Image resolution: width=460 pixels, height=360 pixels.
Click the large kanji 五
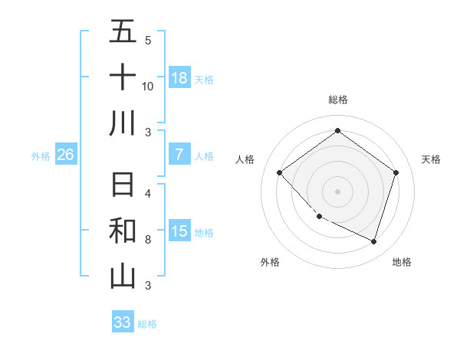point(123,32)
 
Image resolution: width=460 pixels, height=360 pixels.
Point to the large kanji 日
point(123,186)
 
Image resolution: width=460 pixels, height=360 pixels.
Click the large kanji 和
point(123,231)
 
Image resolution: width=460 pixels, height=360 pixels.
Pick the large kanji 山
point(123,277)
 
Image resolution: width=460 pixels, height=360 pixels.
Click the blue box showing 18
point(179,78)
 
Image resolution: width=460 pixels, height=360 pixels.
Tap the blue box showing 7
point(179,155)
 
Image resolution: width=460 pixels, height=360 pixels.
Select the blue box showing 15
point(179,231)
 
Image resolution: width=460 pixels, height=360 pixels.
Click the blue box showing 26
point(66,155)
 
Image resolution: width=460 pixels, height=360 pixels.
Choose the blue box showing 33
point(123,322)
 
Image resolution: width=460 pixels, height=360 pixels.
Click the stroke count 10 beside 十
point(148,86)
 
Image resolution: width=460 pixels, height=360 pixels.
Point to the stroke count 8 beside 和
point(148,240)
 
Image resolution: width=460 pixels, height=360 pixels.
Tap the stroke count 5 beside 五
point(148,40)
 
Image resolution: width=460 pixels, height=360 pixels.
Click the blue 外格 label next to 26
point(41,156)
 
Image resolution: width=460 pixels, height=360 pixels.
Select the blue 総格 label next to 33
point(147,324)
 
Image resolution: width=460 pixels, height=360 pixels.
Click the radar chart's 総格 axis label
point(337,100)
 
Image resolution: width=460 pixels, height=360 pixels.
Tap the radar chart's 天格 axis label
point(431,159)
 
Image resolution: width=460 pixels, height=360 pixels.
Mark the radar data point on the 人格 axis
point(280,173)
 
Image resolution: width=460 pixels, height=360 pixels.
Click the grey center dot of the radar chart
point(337,191)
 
